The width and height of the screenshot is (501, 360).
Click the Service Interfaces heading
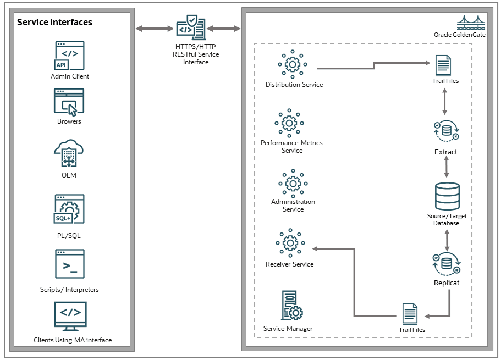click(x=54, y=23)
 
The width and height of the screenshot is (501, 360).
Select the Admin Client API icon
click(x=69, y=56)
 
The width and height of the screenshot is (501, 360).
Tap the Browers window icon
click(x=69, y=102)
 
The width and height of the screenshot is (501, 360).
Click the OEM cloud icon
click(x=69, y=153)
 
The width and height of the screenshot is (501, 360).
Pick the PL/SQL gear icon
click(x=69, y=209)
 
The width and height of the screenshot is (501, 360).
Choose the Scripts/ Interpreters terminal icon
click(x=69, y=264)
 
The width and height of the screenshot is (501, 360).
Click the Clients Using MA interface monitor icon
click(x=70, y=315)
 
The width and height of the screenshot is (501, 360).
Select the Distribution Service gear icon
click(x=293, y=64)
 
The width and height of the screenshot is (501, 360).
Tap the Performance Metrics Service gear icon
click(x=290, y=123)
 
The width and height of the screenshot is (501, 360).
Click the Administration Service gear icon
click(x=293, y=182)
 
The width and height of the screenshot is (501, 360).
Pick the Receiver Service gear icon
click(x=290, y=242)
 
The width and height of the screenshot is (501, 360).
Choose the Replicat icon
click(x=446, y=263)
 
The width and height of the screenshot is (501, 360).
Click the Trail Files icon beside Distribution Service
click(x=443, y=65)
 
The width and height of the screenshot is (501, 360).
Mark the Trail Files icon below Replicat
click(x=410, y=314)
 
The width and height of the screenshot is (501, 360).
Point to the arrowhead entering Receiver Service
click(x=313, y=248)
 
